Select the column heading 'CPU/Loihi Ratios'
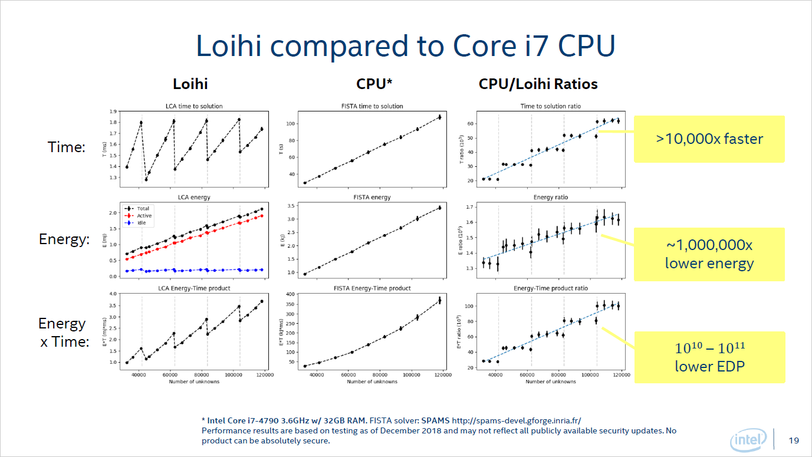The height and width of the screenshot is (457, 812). coord(538,84)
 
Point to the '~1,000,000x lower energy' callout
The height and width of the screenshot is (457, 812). coord(709,254)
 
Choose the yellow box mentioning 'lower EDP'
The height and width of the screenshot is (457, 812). coord(709,357)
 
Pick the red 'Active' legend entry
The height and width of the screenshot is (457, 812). coord(143,216)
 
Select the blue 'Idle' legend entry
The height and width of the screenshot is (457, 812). coord(142,223)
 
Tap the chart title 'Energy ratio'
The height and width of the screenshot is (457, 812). coord(550,198)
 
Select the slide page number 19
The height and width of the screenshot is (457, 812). coord(794,440)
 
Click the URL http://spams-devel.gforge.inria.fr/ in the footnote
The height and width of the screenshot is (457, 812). coord(517,420)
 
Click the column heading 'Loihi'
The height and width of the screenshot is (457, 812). coord(190,84)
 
